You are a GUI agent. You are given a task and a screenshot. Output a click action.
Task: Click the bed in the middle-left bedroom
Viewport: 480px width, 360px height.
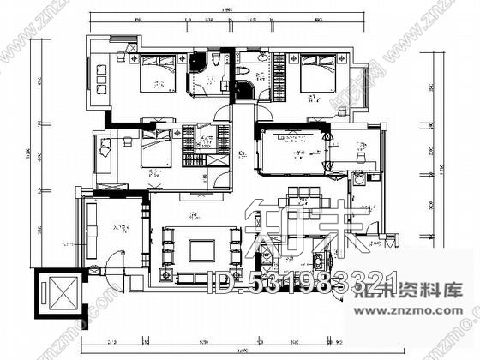pyautogui.click(x=155, y=150)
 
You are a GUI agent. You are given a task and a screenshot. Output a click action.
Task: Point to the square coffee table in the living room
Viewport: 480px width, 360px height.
pyautogui.click(x=202, y=249)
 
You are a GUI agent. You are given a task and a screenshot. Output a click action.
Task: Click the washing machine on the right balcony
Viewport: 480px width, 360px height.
pyautogui.click(x=359, y=180)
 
